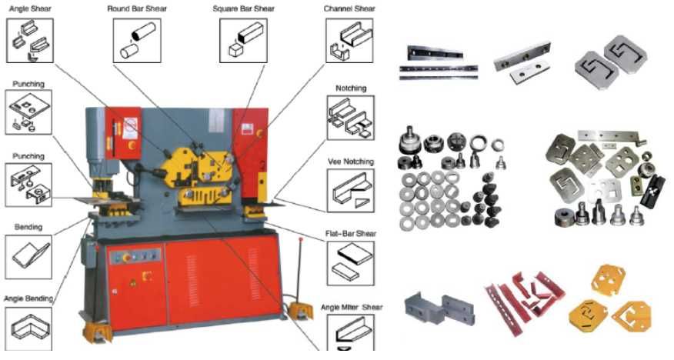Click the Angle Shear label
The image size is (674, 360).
(30, 8)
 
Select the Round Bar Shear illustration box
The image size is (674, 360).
(137, 41)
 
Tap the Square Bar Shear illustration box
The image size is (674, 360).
(244, 41)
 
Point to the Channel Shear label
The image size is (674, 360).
(349, 8)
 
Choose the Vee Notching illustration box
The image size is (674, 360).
(350, 190)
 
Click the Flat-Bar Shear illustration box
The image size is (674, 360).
(350, 263)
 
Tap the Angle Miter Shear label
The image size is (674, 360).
(352, 308)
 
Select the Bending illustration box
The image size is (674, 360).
(28, 256)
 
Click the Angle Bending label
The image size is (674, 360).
(28, 298)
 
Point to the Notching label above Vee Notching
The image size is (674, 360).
(351, 88)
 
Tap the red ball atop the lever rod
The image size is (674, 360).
(301, 239)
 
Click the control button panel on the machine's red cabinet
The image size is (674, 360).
(135, 256)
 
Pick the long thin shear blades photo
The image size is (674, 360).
(438, 63)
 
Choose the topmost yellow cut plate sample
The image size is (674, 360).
(609, 279)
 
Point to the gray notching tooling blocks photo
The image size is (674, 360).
(439, 307)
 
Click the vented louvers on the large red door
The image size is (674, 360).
(192, 275)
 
